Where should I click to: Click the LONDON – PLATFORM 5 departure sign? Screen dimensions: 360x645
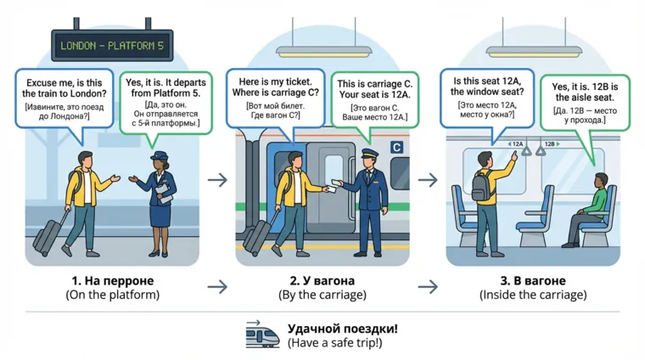point(112,45)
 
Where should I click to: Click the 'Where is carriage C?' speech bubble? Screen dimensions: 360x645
point(275,96)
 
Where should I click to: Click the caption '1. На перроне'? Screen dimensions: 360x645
point(112,280)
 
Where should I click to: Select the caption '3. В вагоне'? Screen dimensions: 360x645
point(532,280)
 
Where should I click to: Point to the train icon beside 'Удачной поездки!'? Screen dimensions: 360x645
point(262,335)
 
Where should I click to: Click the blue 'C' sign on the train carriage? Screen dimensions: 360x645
point(395,148)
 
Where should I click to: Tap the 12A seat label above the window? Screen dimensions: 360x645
point(516,144)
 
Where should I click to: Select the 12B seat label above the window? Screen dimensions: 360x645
point(549,144)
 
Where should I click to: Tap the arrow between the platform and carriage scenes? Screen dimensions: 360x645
point(217,179)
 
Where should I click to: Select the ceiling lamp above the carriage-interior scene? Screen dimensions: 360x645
point(546,51)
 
